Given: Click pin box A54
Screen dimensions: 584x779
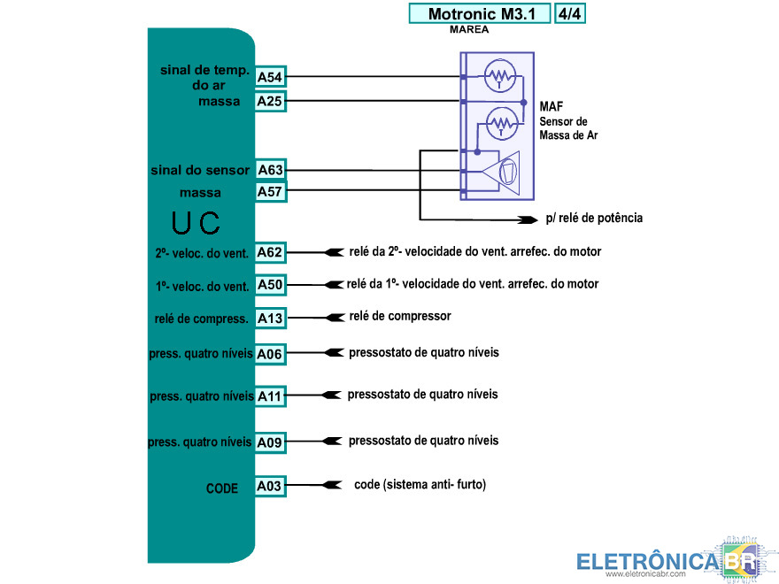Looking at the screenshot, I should (270, 78).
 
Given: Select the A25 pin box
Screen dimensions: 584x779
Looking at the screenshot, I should (270, 101).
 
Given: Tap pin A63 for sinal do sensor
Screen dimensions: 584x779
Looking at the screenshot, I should (270, 169).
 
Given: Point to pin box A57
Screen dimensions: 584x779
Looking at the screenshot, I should (270, 191).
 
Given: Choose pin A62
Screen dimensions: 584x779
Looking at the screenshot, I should (270, 253).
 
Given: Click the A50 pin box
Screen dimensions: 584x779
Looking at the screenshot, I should (270, 285).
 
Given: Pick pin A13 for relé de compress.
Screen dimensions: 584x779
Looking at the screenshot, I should (270, 318).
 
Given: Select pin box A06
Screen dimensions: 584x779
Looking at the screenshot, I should (270, 354).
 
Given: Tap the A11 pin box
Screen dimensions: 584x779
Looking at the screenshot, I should (270, 396).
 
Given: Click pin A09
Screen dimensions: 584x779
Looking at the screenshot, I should (270, 442).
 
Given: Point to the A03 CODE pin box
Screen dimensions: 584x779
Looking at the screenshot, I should (270, 486).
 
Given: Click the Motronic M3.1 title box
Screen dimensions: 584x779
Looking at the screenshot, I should (478, 14).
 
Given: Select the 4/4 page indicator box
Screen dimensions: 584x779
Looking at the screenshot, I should (571, 14).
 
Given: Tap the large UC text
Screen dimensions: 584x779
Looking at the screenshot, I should (196, 224).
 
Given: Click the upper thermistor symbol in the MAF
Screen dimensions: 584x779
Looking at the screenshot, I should (500, 76).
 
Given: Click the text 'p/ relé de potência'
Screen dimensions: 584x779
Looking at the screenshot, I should (594, 218).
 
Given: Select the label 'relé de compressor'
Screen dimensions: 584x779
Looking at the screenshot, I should (400, 316).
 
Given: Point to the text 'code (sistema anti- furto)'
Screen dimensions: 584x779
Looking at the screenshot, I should (420, 484).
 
